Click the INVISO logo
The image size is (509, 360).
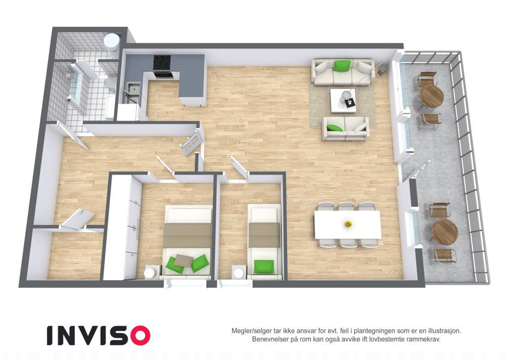98,335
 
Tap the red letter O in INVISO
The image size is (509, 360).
140,335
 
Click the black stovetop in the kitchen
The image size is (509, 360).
162,62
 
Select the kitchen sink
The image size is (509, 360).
132,89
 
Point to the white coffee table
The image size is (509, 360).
343,100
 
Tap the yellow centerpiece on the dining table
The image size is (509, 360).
348,224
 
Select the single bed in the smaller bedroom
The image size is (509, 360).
264,241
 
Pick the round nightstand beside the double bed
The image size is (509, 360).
150,272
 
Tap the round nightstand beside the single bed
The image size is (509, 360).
239,272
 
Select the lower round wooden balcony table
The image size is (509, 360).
445,231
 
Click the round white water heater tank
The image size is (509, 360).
112,42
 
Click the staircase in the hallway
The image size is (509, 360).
192,143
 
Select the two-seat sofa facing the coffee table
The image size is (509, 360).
345,128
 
